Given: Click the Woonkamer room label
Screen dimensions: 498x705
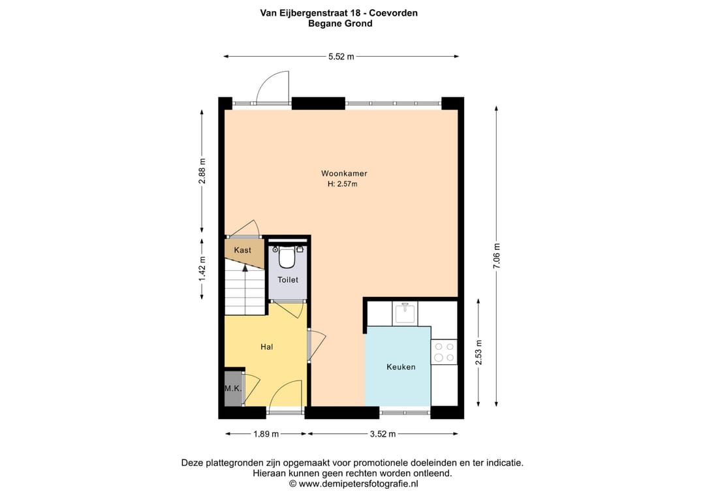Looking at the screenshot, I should [343, 174].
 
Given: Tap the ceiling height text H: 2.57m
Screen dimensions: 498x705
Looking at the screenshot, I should [343, 184].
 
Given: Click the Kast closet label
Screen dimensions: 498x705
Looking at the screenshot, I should [243, 250].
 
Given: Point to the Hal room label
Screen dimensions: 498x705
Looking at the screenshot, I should [266, 347].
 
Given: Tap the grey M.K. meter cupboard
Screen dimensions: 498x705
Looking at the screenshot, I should [233, 388].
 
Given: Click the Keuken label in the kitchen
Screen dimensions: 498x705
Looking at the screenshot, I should [401, 367].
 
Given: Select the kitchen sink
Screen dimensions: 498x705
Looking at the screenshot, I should [405, 313].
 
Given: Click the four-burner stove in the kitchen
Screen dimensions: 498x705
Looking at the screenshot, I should [444, 352].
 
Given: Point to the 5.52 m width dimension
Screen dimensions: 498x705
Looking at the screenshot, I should [341, 57].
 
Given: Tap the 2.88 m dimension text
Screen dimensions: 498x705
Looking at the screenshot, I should [202, 172].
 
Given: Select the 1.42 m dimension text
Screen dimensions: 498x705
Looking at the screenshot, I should [202, 268].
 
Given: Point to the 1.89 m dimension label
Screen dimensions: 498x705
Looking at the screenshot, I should [266, 433].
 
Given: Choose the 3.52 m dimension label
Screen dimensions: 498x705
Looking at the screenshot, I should [382, 433].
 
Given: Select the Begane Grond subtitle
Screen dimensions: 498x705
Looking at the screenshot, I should [340, 23].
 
